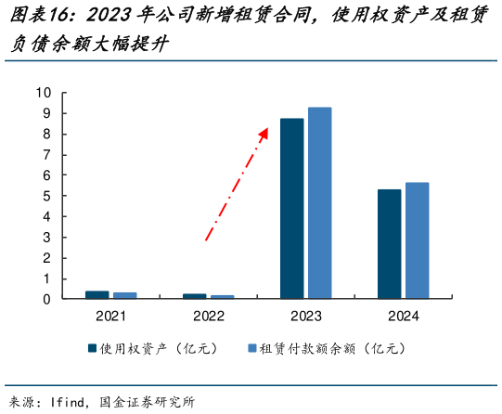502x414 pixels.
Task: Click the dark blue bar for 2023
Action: [x=291, y=209]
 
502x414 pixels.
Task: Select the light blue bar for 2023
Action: [x=319, y=203]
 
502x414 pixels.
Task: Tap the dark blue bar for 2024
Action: [x=389, y=244]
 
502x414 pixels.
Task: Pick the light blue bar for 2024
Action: [x=417, y=240]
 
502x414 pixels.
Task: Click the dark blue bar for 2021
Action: [x=97, y=294]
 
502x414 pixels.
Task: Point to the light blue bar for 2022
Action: [x=222, y=296]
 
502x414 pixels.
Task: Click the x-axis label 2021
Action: [x=111, y=317]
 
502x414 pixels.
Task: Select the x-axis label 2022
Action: [x=209, y=317]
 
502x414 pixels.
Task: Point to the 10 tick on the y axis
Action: [x=44, y=92]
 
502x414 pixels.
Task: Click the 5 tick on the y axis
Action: [x=47, y=196]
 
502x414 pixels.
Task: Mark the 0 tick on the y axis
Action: [x=47, y=299]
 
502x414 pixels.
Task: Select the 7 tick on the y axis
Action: [x=47, y=154]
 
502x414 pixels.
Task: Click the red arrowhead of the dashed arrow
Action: [x=264, y=132]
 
